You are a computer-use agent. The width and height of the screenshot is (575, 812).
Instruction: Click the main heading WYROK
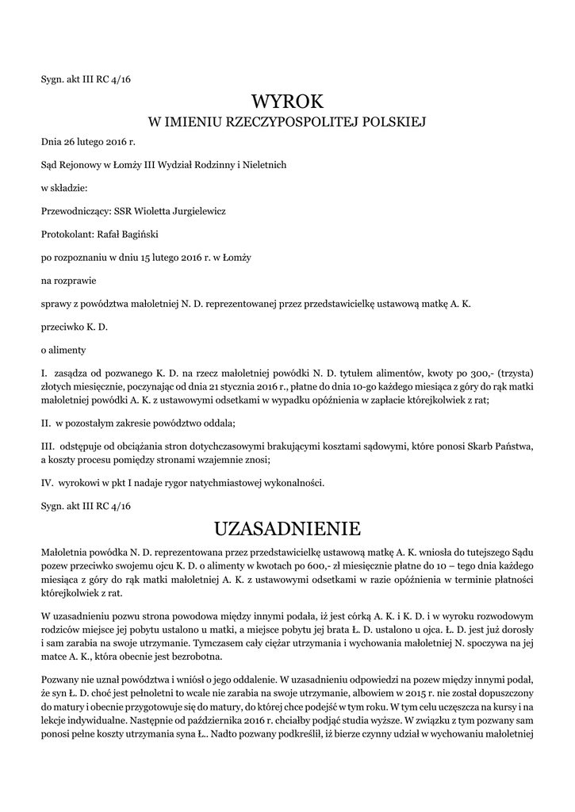click(287, 101)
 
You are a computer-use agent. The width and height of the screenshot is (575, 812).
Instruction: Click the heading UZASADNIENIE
click(287, 528)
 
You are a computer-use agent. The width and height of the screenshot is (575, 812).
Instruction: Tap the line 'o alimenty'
click(63, 349)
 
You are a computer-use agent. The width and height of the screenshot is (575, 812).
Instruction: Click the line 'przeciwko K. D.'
click(74, 326)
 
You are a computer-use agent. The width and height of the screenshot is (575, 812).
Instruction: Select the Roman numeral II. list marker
click(46, 419)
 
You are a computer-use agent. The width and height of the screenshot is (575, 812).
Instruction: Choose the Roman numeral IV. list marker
click(47, 482)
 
